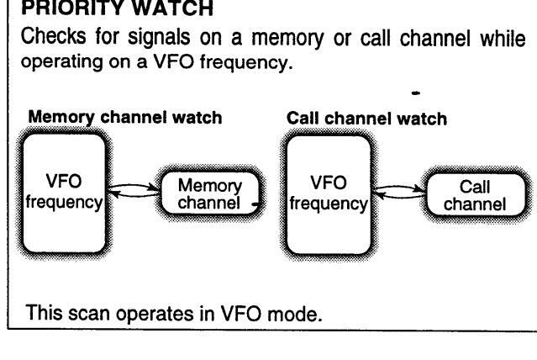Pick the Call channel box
(x=476, y=194)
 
